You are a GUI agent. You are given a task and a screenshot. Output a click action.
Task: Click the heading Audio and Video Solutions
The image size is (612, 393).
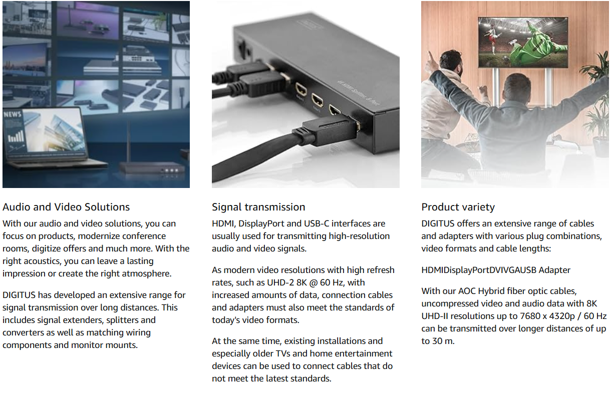[x=66, y=207]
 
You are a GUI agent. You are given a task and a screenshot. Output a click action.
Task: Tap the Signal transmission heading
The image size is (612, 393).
[x=258, y=207]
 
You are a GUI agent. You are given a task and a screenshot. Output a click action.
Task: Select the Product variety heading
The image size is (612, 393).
[x=458, y=207]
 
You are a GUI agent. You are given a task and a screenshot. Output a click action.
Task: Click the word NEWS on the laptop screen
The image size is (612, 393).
[x=13, y=114]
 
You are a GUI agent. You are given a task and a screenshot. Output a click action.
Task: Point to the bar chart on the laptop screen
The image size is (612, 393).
[x=16, y=136]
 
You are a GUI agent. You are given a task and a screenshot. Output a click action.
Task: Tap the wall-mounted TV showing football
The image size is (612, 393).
[x=523, y=42]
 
